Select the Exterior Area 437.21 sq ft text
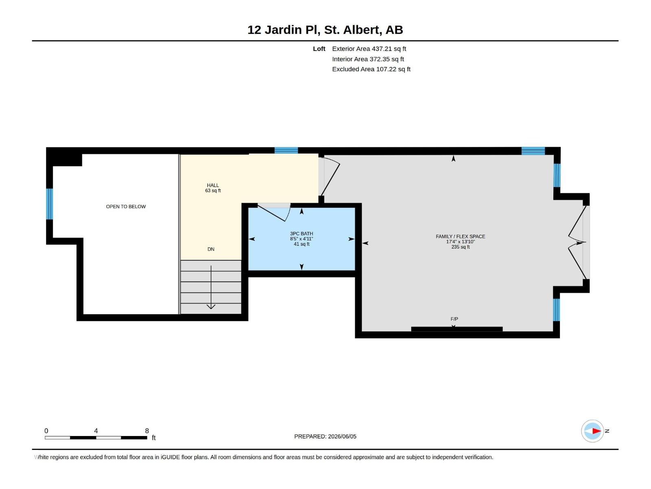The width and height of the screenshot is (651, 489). pos(369,48)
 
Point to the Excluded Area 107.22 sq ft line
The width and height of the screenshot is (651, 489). pos(371,69)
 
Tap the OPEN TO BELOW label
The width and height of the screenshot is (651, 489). pos(126,207)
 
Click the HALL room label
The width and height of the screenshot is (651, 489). pos(213,185)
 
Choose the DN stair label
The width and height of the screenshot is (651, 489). pos(211,249)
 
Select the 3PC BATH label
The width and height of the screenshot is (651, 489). pos(301,233)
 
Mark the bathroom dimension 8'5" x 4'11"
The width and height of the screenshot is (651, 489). pos(301,239)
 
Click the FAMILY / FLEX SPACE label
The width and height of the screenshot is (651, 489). pos(460,237)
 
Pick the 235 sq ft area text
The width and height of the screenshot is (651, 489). pos(460,247)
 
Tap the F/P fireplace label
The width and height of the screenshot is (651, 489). pos(454,319)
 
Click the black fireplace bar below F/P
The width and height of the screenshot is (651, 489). pos(457,329)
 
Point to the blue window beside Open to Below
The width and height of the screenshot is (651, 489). pos(50,204)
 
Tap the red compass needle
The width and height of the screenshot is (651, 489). pos(596,431)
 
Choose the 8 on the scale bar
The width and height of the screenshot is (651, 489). pos(147,430)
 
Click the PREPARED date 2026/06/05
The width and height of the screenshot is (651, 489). pos(342,436)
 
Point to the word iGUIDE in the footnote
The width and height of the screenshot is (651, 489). pos(170,457)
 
